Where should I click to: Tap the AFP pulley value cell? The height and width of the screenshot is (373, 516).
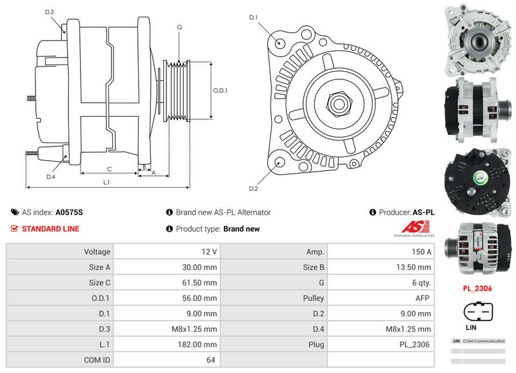pos(422,298)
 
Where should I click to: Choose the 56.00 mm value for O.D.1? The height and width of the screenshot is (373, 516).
pos(200,298)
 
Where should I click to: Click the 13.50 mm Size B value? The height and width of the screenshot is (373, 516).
pos(416,267)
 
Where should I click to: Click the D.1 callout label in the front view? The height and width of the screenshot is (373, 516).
pos(253,17)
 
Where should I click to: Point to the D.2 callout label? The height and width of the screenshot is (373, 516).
pos(253,188)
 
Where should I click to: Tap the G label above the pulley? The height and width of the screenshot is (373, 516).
pos(179,28)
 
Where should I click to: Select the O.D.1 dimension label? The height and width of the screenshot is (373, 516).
pos(221,90)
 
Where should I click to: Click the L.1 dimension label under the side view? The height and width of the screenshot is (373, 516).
pos(106,183)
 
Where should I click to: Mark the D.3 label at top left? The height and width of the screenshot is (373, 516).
pos(50,12)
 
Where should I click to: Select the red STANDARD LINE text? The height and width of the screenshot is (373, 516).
pos(50,229)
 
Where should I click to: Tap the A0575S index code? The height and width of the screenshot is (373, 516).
pos(69,212)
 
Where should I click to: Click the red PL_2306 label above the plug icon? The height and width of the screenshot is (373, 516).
pos(478,289)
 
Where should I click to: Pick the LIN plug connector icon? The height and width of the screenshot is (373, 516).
pos(478,312)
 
